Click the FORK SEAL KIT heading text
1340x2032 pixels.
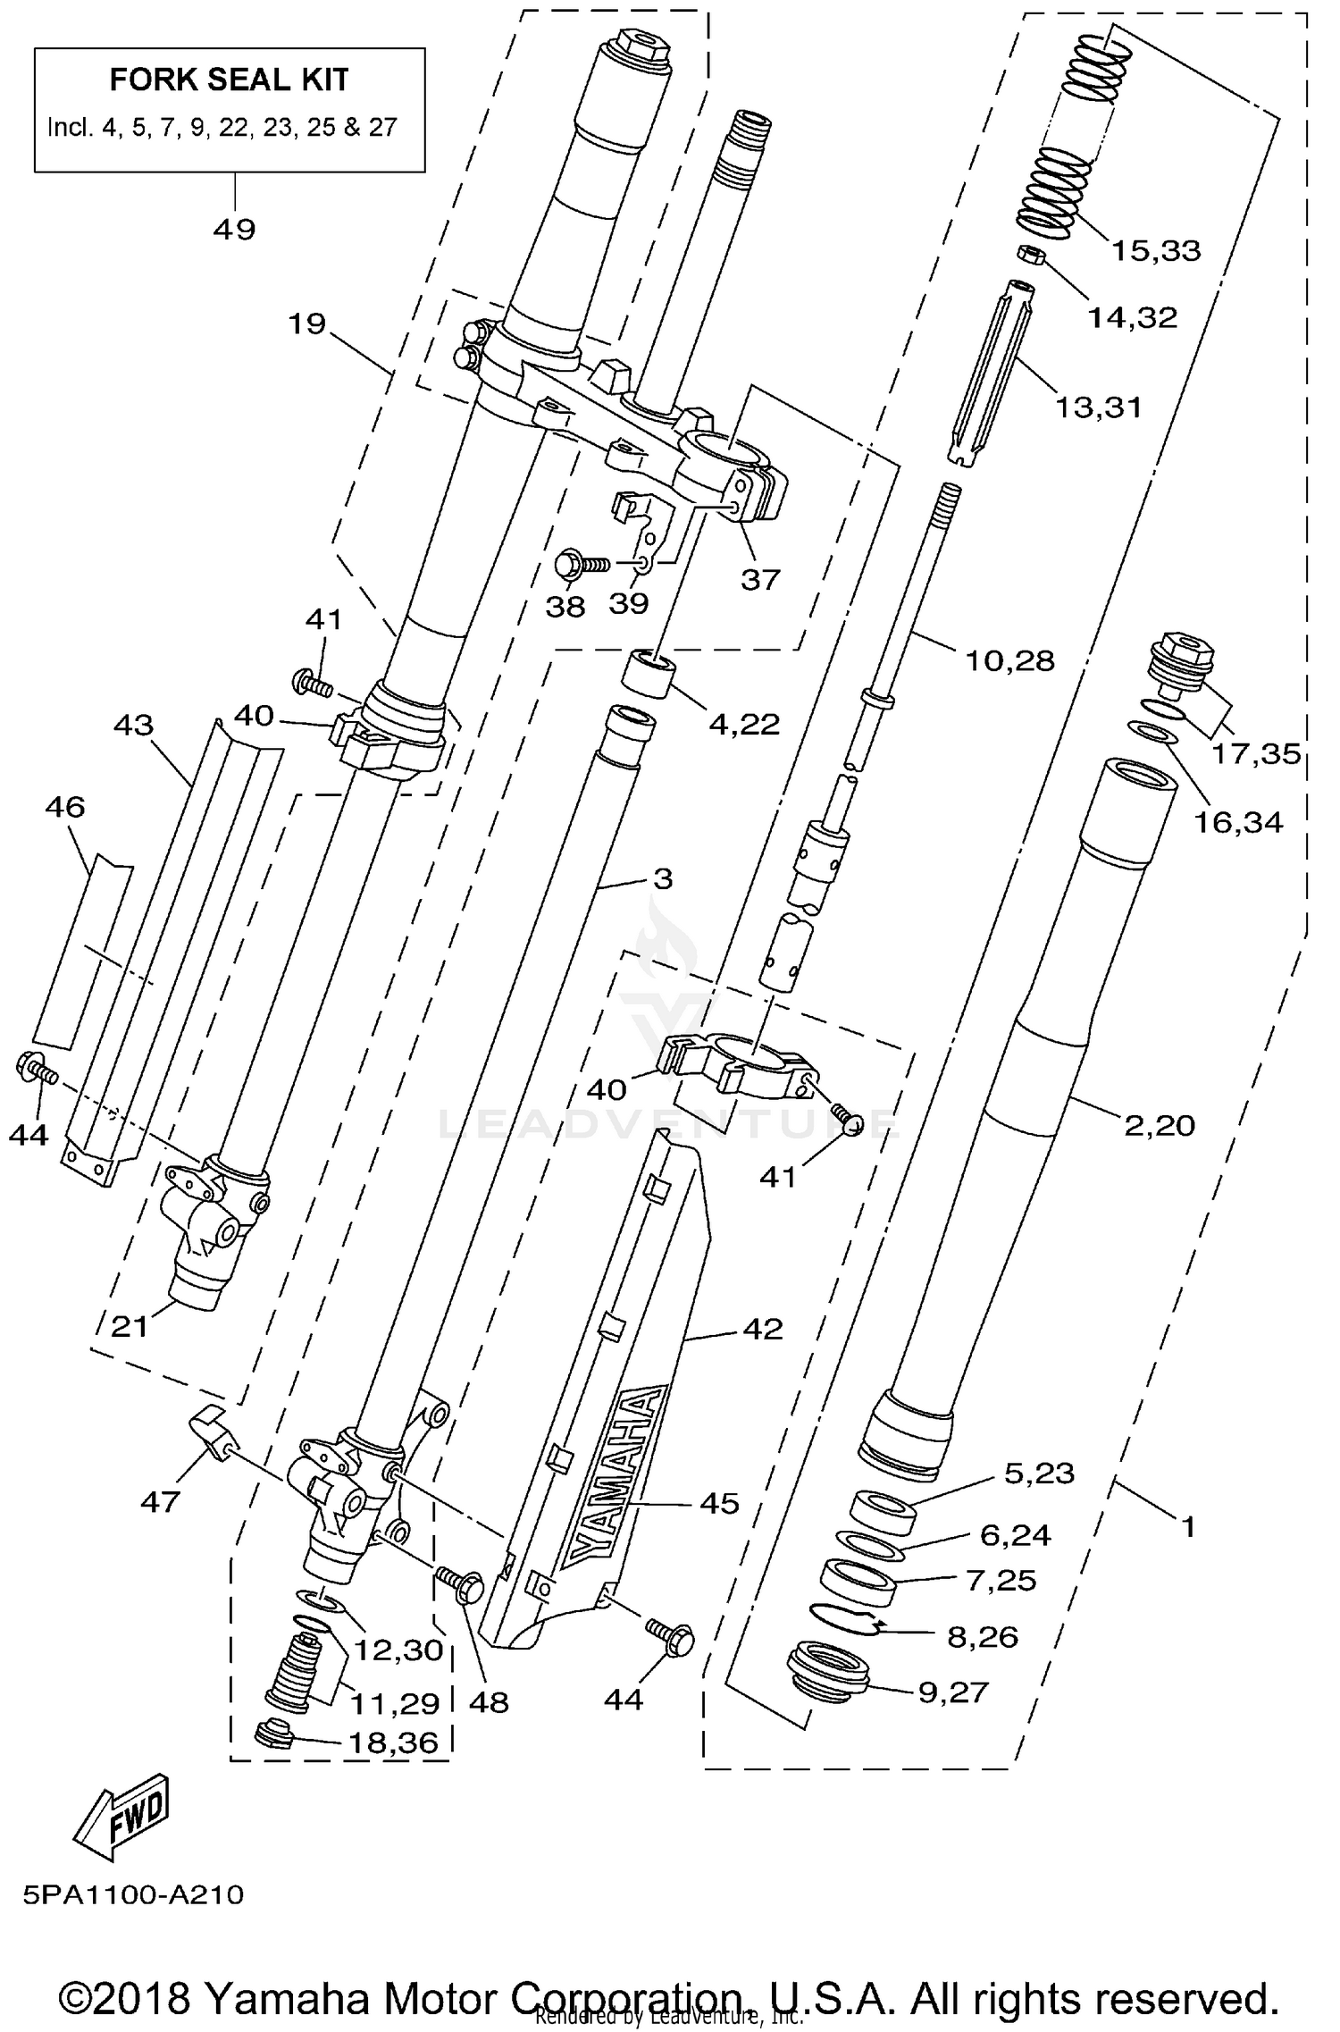(229, 80)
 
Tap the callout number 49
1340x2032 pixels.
(234, 230)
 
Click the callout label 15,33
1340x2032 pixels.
(1156, 251)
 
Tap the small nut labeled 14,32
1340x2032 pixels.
(1029, 255)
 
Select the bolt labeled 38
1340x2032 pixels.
(575, 564)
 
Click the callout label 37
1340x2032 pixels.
(760, 580)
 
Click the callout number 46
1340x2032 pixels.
(64, 807)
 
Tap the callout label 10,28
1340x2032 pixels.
(1009, 661)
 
